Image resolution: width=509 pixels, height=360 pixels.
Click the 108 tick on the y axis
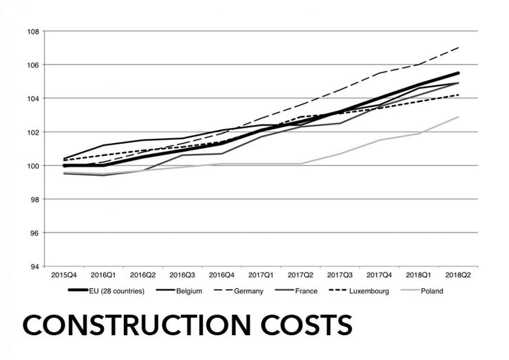[34, 31]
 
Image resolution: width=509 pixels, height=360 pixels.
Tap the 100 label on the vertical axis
[34, 166]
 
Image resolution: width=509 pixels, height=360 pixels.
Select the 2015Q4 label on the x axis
[64, 275]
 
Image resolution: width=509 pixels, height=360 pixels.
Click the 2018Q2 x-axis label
[458, 275]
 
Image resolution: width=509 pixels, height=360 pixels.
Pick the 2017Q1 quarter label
[261, 275]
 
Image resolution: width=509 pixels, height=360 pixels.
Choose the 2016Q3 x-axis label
[182, 275]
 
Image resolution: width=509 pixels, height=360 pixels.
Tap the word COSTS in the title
[306, 325]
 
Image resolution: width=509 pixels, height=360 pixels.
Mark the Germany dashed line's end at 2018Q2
[458, 48]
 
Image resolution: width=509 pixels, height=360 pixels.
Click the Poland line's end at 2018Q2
[458, 117]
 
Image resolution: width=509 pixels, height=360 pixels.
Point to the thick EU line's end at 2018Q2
[458, 73]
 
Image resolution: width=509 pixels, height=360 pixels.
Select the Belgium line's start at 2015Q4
[64, 158]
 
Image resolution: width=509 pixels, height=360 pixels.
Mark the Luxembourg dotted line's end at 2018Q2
[458, 95]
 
